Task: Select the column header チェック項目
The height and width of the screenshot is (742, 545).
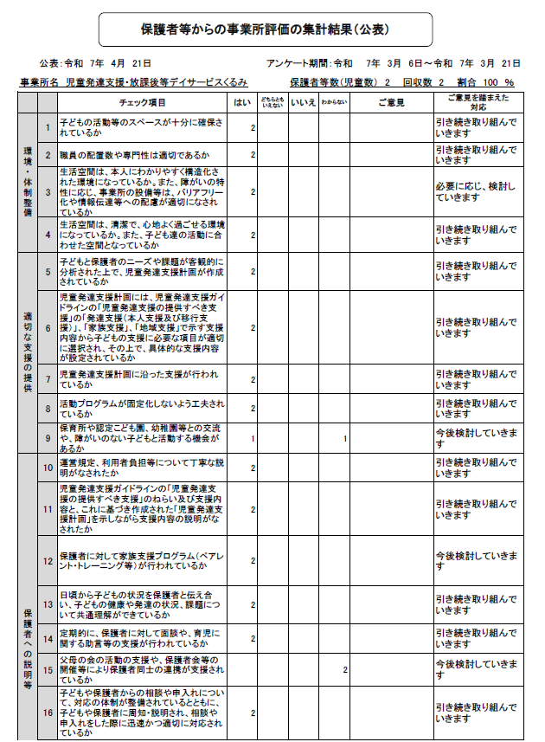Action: pyautogui.click(x=143, y=103)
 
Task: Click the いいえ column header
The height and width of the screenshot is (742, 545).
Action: pyautogui.click(x=303, y=103)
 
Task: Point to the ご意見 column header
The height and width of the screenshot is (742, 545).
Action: pyautogui.click(x=390, y=103)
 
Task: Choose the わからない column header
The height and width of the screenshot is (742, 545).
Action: pyautogui.click(x=334, y=103)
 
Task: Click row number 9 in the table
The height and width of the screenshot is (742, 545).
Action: pyautogui.click(x=48, y=439)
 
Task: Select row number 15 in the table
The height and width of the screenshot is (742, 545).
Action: pyautogui.click(x=48, y=669)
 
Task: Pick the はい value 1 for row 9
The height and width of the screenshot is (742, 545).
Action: pyautogui.click(x=253, y=439)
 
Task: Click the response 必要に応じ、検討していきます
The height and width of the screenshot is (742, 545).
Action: pyautogui.click(x=477, y=191)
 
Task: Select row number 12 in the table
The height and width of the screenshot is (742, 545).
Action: pyautogui.click(x=48, y=560)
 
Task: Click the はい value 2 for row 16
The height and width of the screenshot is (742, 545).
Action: pyautogui.click(x=253, y=713)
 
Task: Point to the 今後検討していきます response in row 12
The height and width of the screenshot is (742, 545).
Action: pyautogui.click(x=477, y=560)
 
